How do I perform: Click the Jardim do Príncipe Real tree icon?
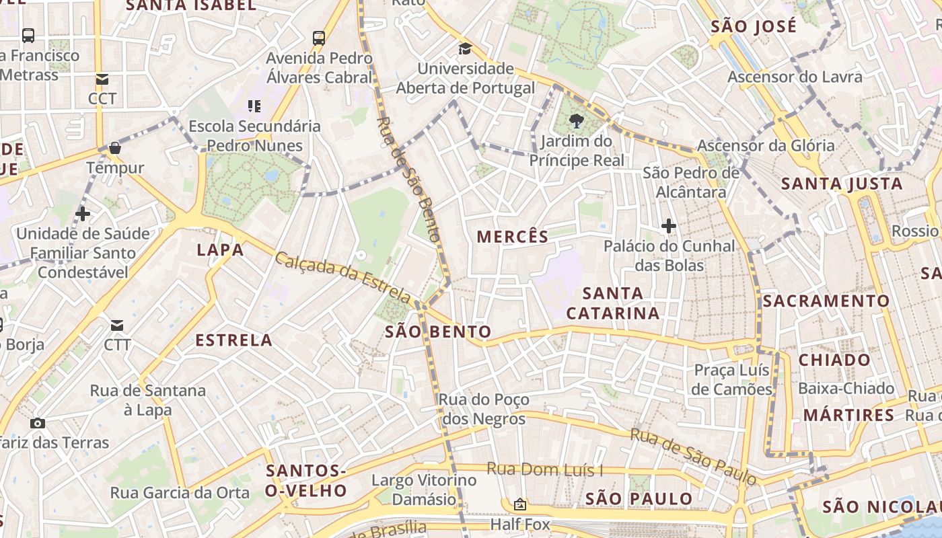pyautogui.click(x=575, y=121)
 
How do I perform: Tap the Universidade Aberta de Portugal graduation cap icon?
pyautogui.click(x=465, y=48)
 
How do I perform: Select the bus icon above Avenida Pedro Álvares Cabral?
pyautogui.click(x=319, y=38)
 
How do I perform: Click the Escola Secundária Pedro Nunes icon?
pyautogui.click(x=254, y=106)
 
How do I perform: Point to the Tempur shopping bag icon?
pyautogui.click(x=115, y=147)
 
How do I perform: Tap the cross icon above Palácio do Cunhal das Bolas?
pyautogui.click(x=668, y=226)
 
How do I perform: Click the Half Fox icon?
pyautogui.click(x=519, y=504)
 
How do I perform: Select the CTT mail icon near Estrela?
pyautogui.click(x=117, y=325)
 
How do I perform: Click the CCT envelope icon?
pyautogui.click(x=102, y=79)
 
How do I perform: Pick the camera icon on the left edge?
pyautogui.click(x=38, y=423)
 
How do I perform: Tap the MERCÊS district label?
pyautogui.click(x=513, y=237)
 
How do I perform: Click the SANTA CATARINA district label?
pyautogui.click(x=613, y=303)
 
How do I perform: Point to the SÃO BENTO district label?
pyautogui.click(x=438, y=332)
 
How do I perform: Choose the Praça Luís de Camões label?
pyautogui.click(x=732, y=380)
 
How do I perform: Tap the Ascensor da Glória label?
pyautogui.click(x=766, y=145)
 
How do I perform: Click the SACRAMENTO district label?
pyautogui.click(x=826, y=301)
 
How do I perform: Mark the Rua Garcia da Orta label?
pyautogui.click(x=180, y=493)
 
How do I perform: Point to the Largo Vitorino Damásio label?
pyautogui.click(x=424, y=490)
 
